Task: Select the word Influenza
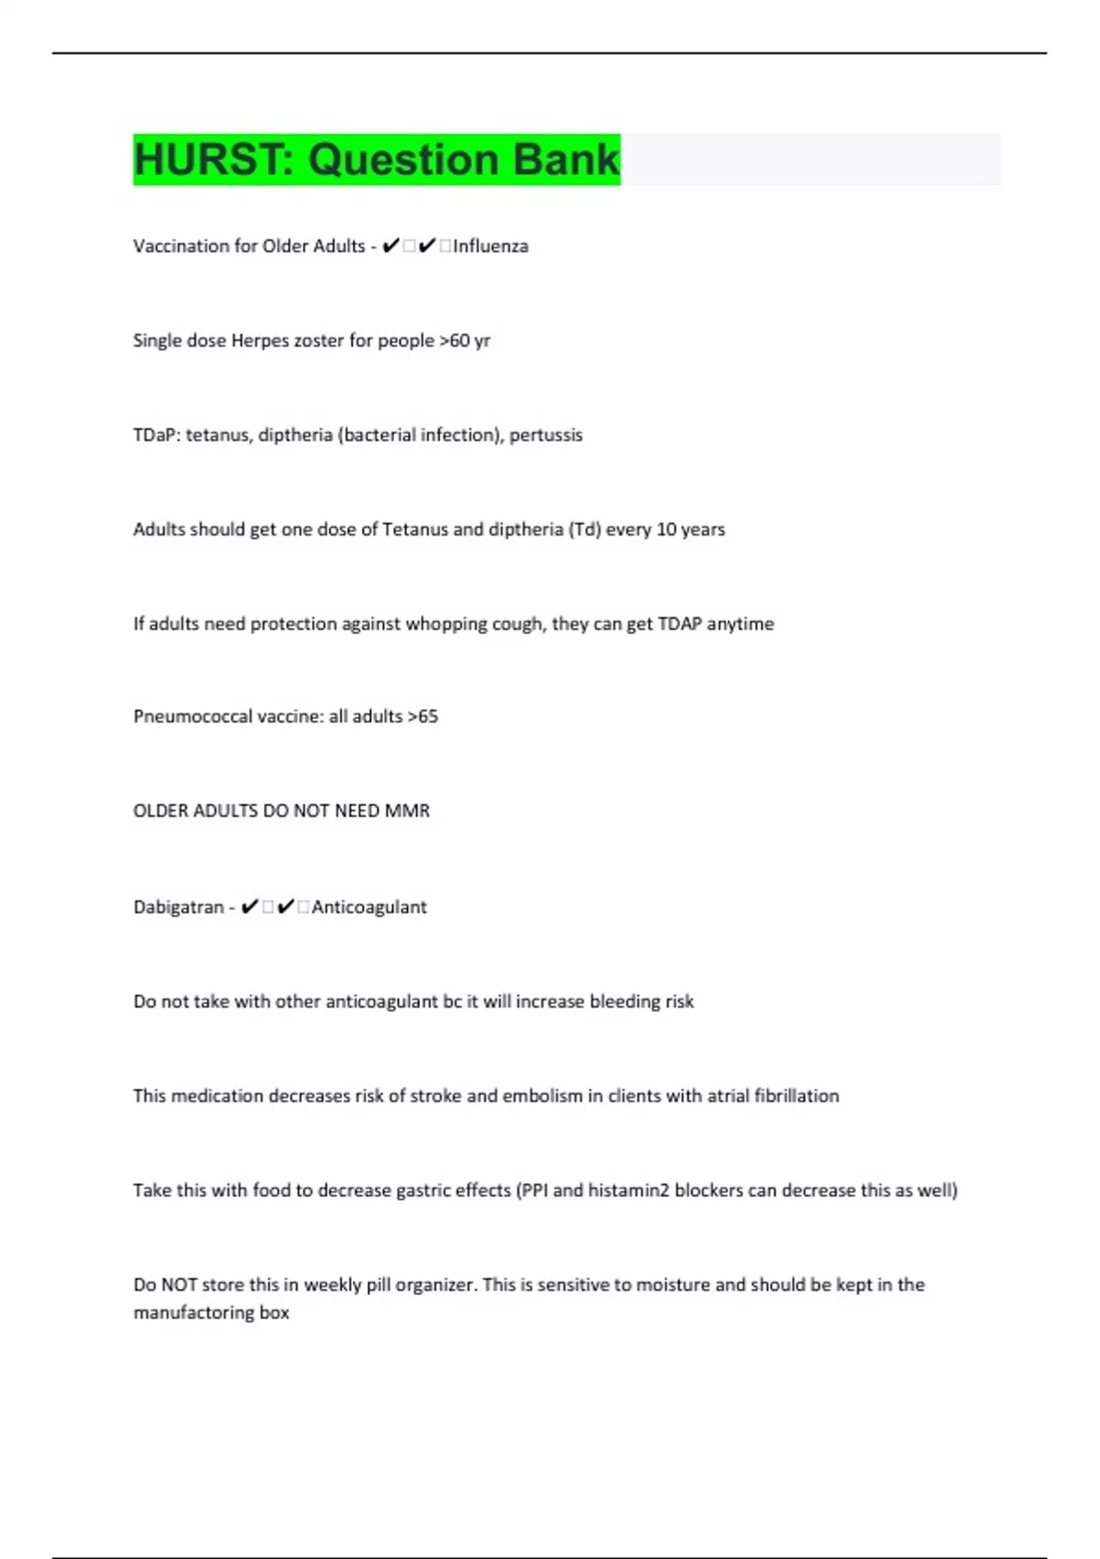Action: coord(490,246)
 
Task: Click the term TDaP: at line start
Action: coord(157,435)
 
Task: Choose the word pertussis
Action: coord(545,435)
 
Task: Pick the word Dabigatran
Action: coord(179,907)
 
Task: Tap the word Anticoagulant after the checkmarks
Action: coord(368,907)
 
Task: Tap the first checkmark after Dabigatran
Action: coord(249,907)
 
